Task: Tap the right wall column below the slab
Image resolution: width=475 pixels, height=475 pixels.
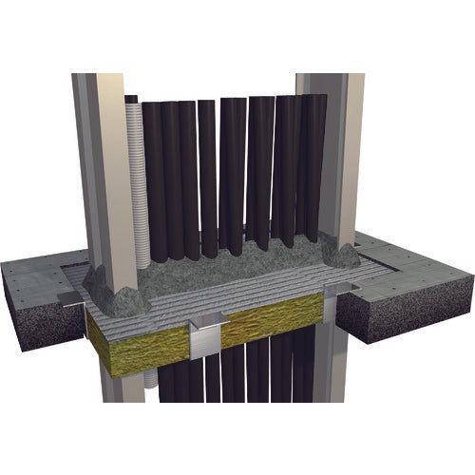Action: (323, 399)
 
